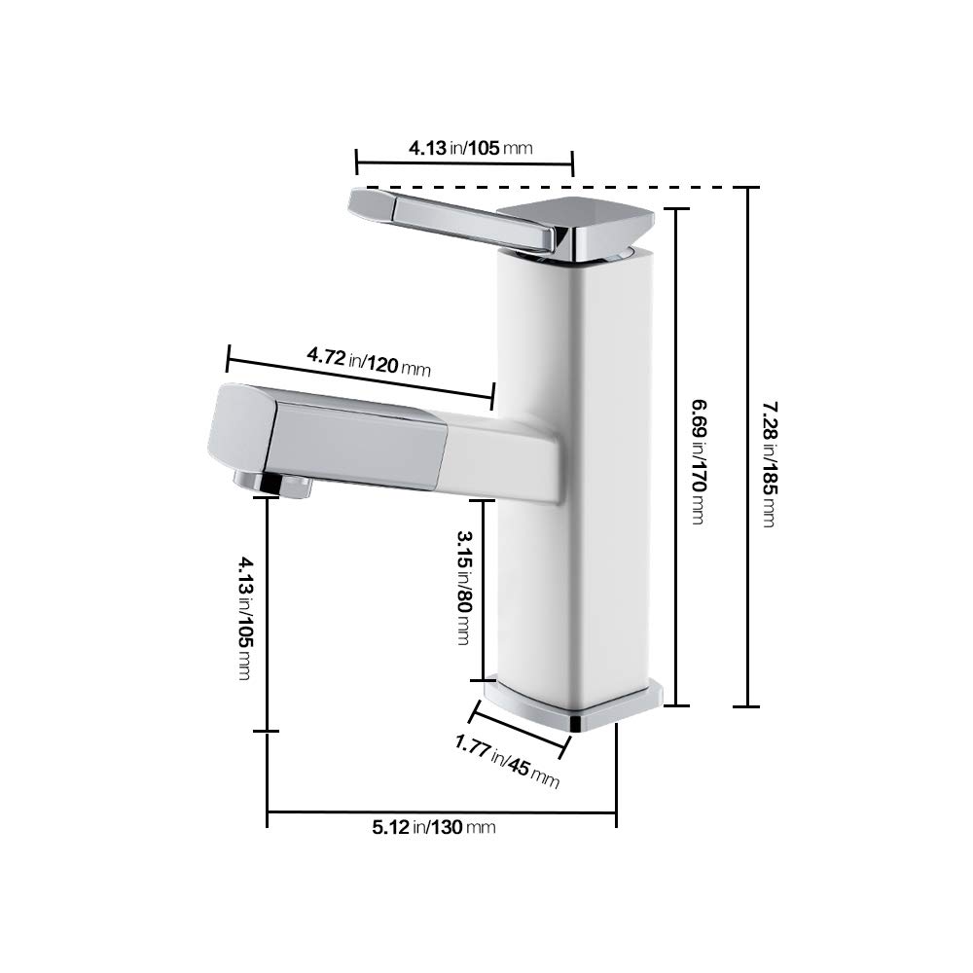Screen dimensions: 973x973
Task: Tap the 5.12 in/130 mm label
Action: pyautogui.click(x=434, y=827)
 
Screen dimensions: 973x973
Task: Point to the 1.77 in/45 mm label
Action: pyautogui.click(x=507, y=762)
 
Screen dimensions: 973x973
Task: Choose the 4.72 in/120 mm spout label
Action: pyautogui.click(x=369, y=362)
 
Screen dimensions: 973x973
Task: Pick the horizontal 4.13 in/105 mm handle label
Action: pyautogui.click(x=470, y=148)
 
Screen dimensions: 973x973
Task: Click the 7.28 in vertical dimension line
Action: pyautogui.click(x=747, y=584)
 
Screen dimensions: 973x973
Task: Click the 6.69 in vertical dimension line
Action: pyautogui.click(x=678, y=603)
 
